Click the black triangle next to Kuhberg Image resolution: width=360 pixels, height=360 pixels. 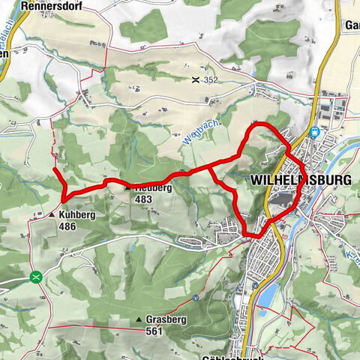[52, 214]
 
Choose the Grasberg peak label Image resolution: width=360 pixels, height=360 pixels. [166, 320]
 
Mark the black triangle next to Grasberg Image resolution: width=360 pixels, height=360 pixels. [139, 320]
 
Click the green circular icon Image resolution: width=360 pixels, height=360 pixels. [34, 277]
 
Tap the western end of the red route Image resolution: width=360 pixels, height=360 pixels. [55, 169]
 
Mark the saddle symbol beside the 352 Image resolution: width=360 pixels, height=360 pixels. [196, 79]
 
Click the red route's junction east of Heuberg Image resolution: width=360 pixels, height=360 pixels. [208, 168]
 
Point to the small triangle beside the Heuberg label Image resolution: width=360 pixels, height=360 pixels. [127, 189]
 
